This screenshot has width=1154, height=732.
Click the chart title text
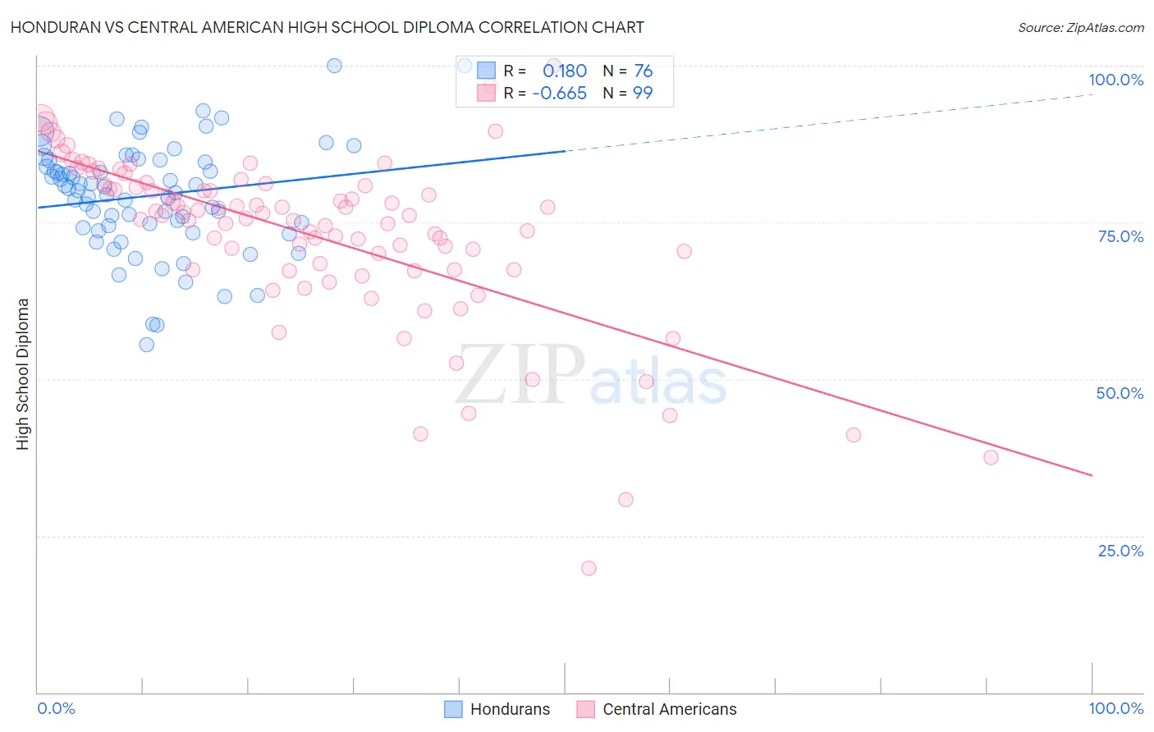click(327, 27)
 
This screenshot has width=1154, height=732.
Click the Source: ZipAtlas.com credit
click(1080, 27)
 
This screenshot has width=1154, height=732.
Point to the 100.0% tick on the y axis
click(1115, 80)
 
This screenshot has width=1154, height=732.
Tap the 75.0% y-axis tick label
click(1120, 236)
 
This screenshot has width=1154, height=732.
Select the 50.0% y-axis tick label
click(1120, 393)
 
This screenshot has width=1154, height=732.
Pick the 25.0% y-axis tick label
click(1120, 551)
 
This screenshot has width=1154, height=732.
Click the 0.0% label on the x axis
click(56, 708)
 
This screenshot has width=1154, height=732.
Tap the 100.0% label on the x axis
click(1115, 708)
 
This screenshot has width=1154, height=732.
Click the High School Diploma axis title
click(23, 373)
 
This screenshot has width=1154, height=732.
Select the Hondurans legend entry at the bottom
click(497, 709)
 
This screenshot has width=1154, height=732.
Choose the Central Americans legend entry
click(657, 709)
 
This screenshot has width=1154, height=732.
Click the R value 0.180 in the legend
click(565, 71)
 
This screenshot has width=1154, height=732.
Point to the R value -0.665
click(559, 94)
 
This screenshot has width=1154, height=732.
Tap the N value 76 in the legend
click(643, 71)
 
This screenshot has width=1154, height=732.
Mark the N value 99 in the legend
click(643, 94)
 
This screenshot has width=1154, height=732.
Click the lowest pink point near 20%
click(588, 568)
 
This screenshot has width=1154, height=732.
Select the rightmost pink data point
click(991, 457)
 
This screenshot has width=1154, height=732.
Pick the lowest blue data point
click(146, 345)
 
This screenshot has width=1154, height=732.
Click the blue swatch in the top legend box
click(487, 71)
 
